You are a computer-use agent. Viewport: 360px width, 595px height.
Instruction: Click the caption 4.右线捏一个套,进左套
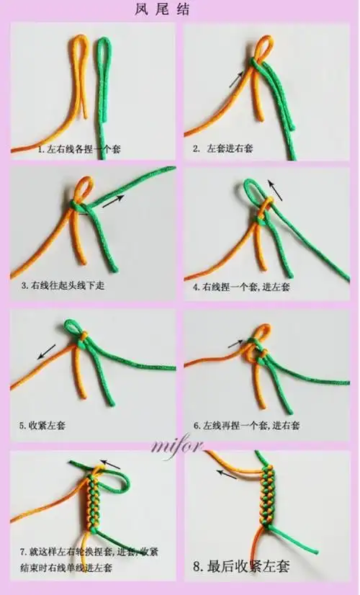240,287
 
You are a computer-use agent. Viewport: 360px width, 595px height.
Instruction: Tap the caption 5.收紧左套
44,426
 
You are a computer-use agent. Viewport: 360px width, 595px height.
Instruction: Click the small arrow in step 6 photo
236,344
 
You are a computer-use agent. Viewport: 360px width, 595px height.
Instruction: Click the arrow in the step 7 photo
109,464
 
